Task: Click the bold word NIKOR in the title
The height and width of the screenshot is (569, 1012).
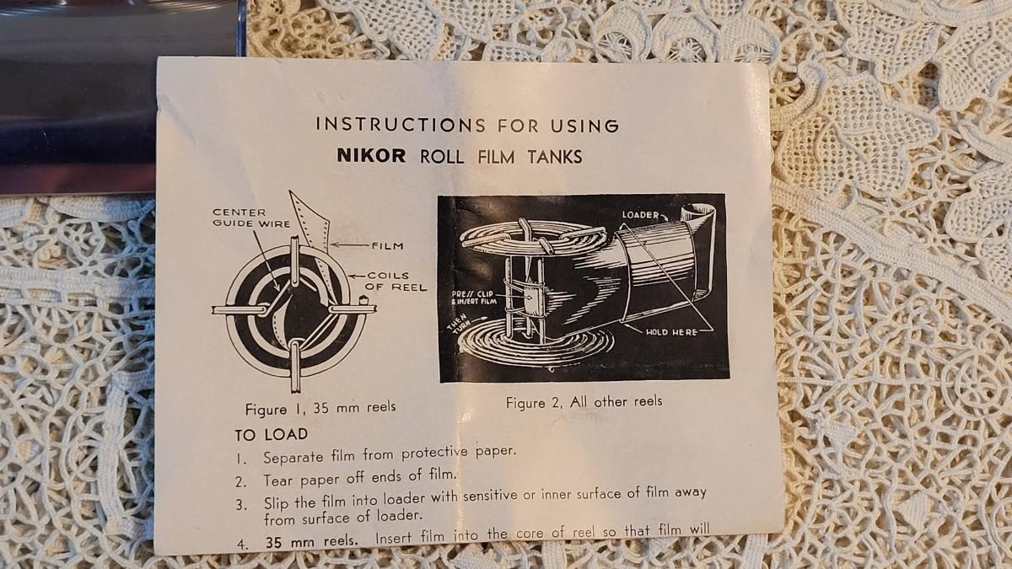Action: pyautogui.click(x=371, y=156)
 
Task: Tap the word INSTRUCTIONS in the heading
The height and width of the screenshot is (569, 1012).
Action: pyautogui.click(x=401, y=125)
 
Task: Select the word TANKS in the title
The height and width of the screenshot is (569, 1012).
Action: pyautogui.click(x=555, y=157)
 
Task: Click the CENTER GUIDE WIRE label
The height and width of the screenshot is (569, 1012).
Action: pyautogui.click(x=251, y=217)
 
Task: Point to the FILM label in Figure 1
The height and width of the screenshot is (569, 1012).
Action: pyautogui.click(x=388, y=246)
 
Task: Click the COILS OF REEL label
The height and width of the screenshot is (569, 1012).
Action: pyautogui.click(x=396, y=282)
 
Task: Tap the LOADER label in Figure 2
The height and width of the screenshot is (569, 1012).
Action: pyautogui.click(x=640, y=215)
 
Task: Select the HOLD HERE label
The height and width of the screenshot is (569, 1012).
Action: pyautogui.click(x=671, y=332)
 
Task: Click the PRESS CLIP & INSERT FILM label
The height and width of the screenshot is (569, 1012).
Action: pyautogui.click(x=474, y=298)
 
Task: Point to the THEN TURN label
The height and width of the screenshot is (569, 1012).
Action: pyautogui.click(x=460, y=324)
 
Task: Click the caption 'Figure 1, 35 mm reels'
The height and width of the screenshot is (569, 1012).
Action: pyautogui.click(x=320, y=408)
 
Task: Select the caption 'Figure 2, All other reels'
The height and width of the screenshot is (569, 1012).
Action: pyautogui.click(x=584, y=402)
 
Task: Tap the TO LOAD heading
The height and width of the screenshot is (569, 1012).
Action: pyautogui.click(x=271, y=435)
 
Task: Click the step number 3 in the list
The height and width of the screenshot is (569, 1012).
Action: pyautogui.click(x=241, y=505)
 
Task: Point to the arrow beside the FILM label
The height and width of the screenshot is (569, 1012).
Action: pyautogui.click(x=350, y=245)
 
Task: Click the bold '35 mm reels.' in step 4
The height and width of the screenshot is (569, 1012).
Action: pyautogui.click(x=312, y=540)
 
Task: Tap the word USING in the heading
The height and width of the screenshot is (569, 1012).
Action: pyautogui.click(x=584, y=126)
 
